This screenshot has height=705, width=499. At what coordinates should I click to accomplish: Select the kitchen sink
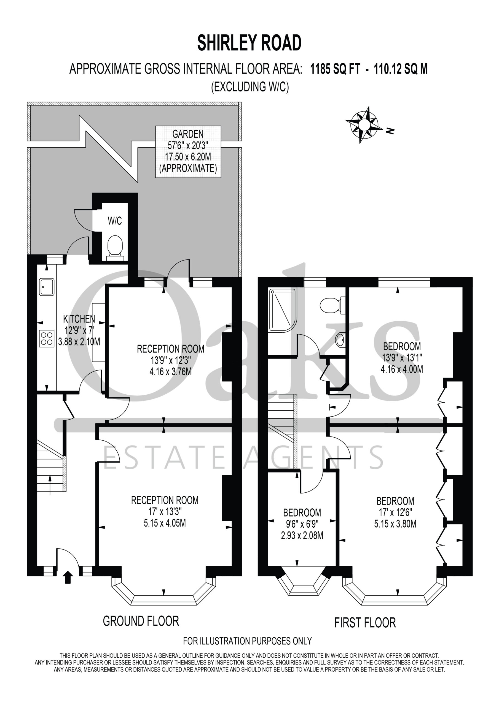point(47,287)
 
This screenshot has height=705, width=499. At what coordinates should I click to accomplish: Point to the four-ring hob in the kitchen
point(47,338)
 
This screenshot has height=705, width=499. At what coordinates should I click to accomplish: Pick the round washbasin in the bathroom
point(340,340)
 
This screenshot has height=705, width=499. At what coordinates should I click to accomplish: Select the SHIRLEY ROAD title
point(249,43)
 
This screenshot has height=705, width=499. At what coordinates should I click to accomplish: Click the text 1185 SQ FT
point(335,69)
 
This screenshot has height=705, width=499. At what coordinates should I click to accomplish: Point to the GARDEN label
point(188,134)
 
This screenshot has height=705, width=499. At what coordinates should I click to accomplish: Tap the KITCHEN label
point(79,319)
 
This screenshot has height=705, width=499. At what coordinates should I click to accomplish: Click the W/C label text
point(115,221)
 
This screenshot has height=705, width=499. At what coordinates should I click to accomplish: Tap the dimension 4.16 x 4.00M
point(402,369)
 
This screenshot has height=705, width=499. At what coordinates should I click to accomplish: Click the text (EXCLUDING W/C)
point(250,87)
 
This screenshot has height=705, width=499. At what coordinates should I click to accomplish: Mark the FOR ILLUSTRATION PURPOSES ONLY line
point(248,641)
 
